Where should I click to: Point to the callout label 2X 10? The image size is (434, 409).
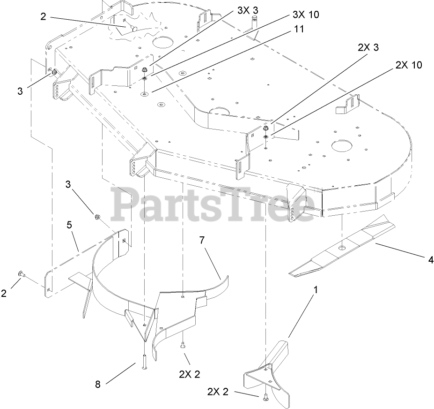pyautogui.click(x=408, y=65)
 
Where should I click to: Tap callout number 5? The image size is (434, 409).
pyautogui.click(x=69, y=225)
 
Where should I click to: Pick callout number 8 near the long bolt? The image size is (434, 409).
pyautogui.click(x=98, y=384)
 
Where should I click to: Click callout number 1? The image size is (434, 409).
pyautogui.click(x=316, y=290)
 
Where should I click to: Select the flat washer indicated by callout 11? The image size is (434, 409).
pyautogui.click(x=145, y=94)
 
